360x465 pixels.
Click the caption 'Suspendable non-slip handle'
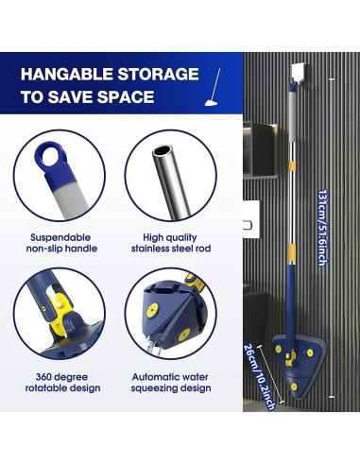click(x=61, y=242)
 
